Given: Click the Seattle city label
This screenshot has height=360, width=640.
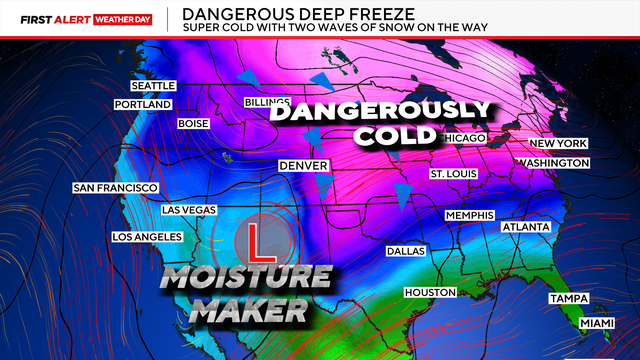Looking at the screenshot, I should pos(153,85).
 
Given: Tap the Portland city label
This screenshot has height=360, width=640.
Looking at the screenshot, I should pos(144,105).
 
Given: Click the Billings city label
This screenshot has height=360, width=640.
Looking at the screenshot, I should pos(267,103).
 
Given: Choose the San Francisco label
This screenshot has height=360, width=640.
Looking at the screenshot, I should pos(115,188).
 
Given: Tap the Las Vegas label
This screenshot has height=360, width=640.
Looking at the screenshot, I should pos(187,210).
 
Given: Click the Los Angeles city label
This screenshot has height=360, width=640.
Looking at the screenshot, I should pos(146,237).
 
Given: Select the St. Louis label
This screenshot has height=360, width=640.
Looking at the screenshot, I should pos(454,174).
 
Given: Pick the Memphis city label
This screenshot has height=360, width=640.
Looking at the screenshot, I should pos(470,216).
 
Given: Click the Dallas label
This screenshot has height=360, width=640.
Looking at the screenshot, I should pos(405,251).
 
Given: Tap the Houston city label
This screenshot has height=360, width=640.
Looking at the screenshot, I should pos(430,292).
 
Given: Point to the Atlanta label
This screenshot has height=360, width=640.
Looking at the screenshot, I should pos(526,227).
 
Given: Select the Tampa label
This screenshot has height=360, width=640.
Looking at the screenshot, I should pos(567,299).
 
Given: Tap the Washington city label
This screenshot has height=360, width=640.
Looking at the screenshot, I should pos(553,163).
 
